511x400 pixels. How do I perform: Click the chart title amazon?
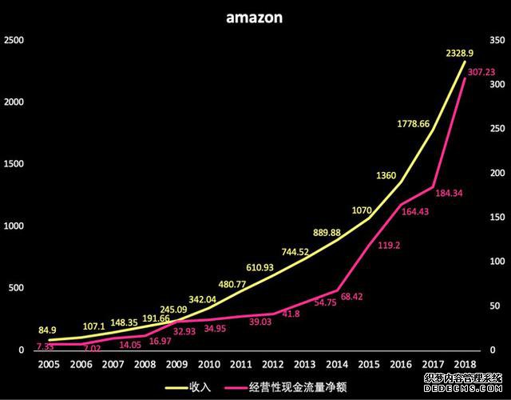[x=253, y=17]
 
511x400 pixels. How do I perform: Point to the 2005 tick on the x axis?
[x=47, y=364]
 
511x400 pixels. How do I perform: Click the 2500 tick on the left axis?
[x=15, y=40]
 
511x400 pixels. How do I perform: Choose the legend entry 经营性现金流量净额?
[x=305, y=387]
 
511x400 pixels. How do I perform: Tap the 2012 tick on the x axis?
[x=273, y=364]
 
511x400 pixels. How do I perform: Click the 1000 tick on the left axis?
[x=15, y=226]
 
